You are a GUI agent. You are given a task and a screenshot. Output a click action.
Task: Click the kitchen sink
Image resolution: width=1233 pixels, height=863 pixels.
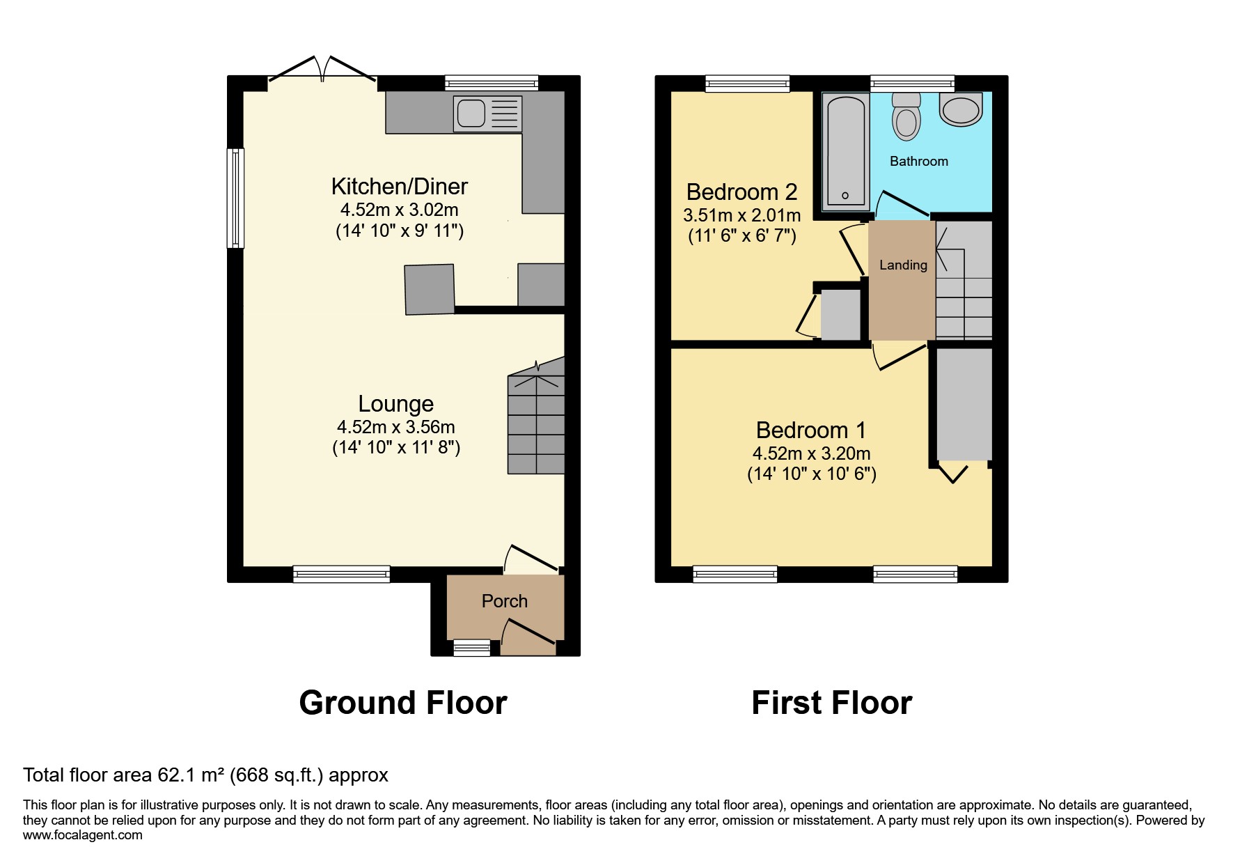487,114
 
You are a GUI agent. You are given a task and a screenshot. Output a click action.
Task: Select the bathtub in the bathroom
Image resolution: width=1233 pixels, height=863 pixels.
845,152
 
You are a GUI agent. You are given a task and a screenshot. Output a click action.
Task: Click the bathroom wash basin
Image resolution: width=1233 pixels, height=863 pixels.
961,110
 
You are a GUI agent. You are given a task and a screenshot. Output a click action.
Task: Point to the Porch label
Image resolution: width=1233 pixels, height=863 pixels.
504,601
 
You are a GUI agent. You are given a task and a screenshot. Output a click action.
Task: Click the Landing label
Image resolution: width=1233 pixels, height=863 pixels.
903,265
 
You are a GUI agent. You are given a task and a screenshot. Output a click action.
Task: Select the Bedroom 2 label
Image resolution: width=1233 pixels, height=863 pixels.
741,192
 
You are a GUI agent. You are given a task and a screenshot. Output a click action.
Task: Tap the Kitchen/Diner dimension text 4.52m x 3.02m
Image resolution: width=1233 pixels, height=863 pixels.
399,210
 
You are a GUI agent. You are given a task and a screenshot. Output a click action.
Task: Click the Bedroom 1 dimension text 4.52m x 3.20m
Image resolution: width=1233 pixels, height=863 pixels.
811,453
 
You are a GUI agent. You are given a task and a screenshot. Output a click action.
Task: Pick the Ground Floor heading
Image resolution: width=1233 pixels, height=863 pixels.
402,703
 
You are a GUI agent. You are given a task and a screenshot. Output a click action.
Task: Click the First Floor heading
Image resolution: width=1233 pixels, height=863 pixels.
831,703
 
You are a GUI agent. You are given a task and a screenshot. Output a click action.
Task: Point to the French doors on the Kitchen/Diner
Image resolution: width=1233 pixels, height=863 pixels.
322,73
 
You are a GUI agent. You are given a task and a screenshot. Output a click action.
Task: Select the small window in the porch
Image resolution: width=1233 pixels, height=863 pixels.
471,648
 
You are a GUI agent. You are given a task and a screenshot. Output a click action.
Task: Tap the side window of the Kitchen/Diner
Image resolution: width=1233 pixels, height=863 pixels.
236,198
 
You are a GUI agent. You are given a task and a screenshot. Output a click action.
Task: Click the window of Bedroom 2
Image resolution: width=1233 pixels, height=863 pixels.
747,84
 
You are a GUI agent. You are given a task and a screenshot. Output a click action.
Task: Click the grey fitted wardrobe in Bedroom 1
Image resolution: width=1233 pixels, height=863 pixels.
964,404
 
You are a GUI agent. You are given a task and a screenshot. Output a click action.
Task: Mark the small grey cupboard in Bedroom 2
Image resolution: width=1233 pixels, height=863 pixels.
840,315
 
